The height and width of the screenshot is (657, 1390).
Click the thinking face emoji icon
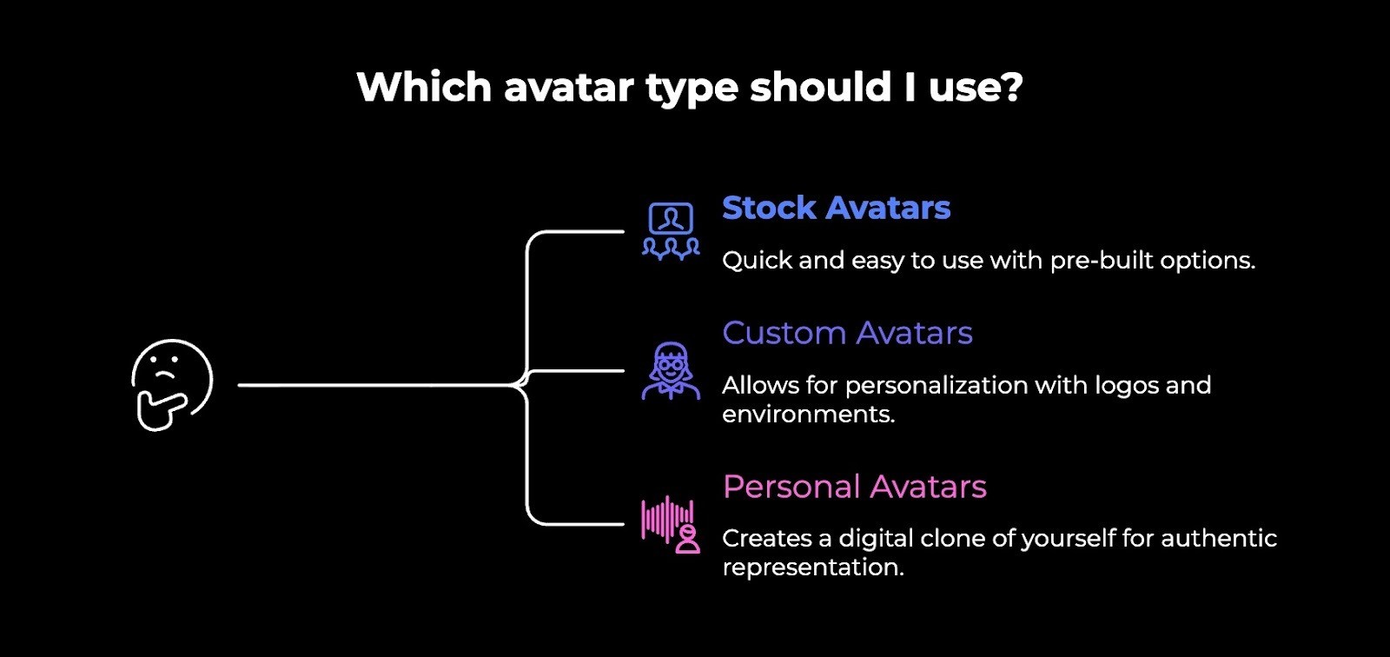[172, 383]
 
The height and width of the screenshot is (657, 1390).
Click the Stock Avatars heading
[836, 209]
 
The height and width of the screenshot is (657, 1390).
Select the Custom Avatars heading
[847, 334]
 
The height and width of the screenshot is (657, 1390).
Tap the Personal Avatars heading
[854, 487]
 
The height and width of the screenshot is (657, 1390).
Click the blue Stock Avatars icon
[671, 231]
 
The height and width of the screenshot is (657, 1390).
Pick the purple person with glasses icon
[671, 371]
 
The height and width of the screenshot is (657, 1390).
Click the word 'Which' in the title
[424, 88]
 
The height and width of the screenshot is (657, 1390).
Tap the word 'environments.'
[808, 415]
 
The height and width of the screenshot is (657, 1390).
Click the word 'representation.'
[813, 567]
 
